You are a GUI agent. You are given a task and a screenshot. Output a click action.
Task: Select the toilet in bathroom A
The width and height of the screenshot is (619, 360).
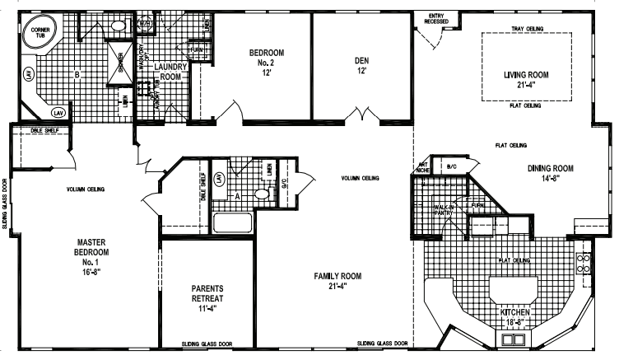coord(260,194)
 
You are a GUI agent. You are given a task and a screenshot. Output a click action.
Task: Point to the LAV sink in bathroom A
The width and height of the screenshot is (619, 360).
coord(219,178)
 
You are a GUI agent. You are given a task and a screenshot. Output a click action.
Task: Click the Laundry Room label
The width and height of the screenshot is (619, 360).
coord(171,72)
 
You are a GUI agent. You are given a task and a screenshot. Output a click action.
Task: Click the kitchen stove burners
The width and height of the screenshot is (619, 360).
coord(585,263)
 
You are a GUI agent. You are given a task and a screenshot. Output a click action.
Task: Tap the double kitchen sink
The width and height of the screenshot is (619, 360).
coord(505,339)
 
